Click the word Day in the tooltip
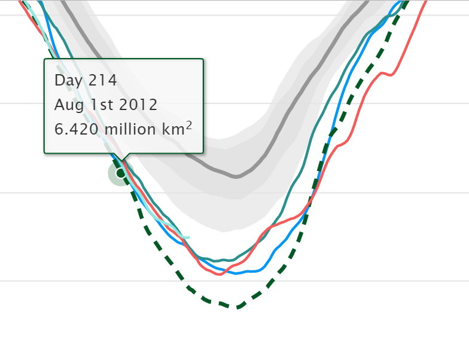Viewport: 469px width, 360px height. [68, 80]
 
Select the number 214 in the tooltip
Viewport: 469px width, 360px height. [100, 80]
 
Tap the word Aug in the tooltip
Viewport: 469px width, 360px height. [66, 105]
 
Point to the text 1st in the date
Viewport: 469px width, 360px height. [96, 105]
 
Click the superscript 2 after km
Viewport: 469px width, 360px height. [189, 124]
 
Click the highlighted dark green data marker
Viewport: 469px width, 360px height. [120, 173]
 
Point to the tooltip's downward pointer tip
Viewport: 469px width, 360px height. [121, 160]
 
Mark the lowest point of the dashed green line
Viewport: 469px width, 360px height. [237, 307]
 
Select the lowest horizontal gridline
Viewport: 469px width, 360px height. [359, 280]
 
